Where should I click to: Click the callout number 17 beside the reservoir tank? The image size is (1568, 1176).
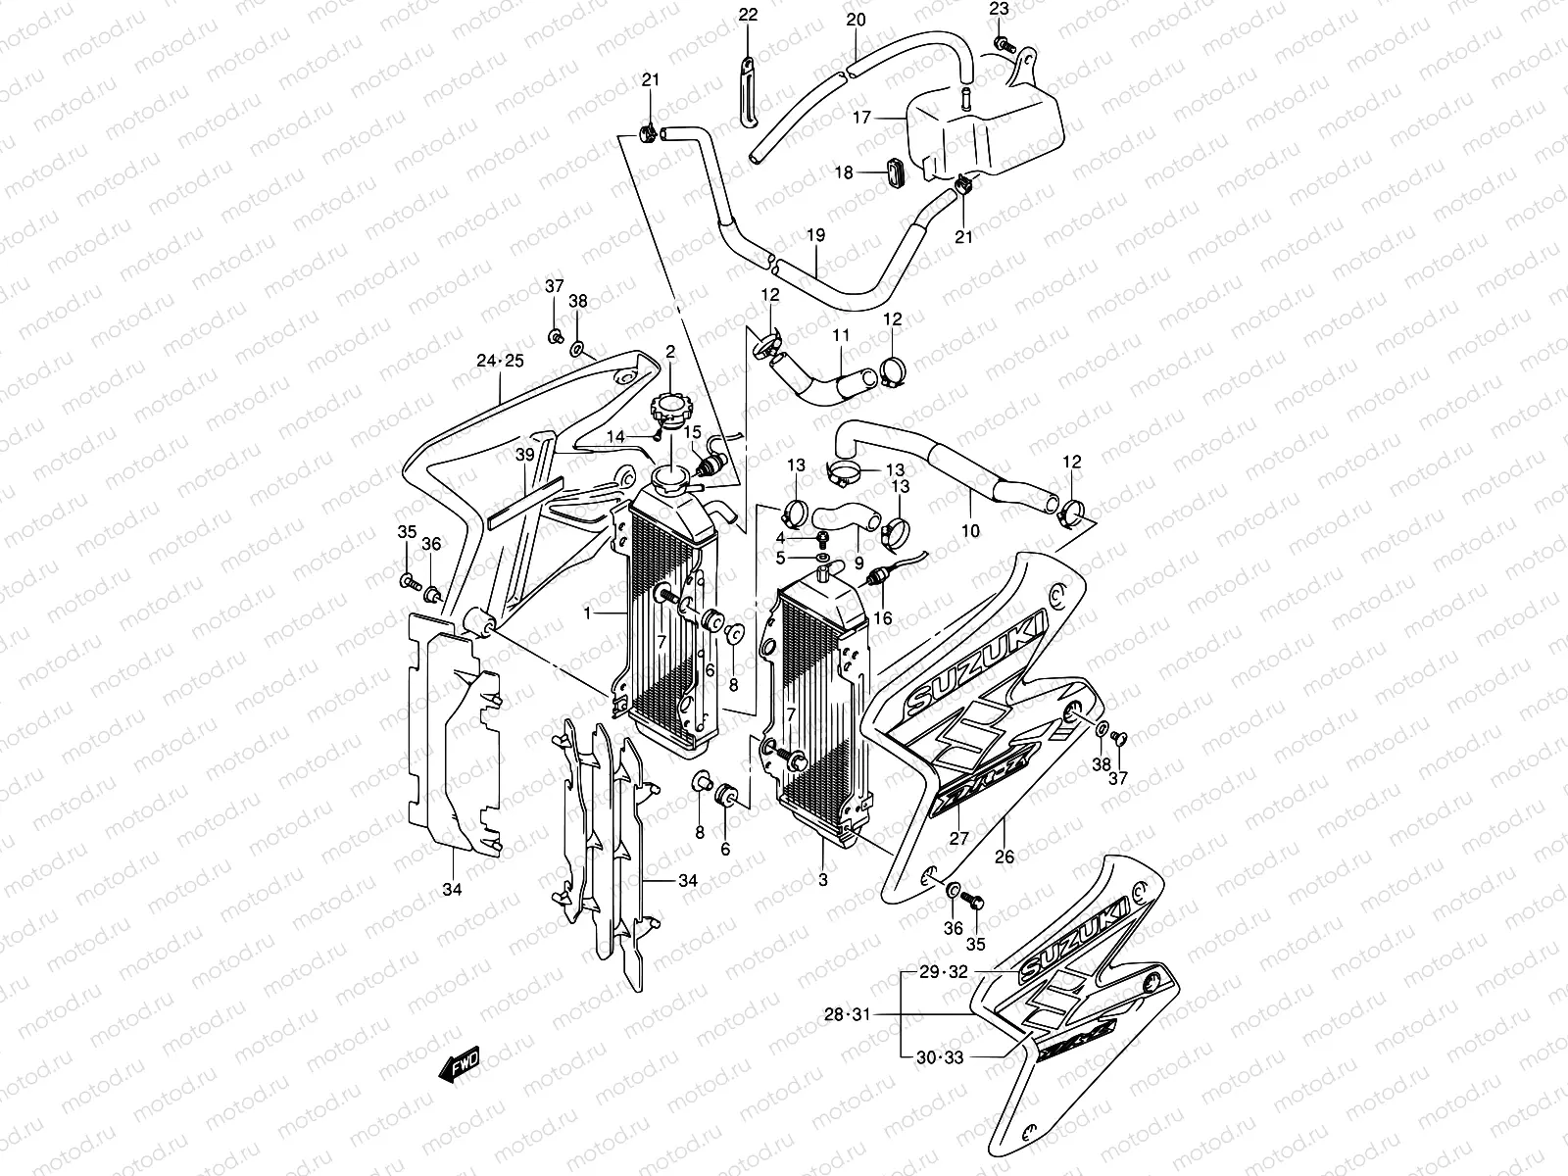pyautogui.click(x=861, y=118)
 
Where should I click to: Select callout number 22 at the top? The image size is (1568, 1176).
pyautogui.click(x=748, y=15)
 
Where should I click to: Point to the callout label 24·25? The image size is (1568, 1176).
pyautogui.click(x=500, y=361)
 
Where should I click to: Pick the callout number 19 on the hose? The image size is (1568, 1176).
pyautogui.click(x=815, y=235)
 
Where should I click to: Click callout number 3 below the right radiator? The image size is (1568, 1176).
pyautogui.click(x=822, y=880)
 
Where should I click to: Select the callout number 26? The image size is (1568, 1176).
pyautogui.click(x=1004, y=856)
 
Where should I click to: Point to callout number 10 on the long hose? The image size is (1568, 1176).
pyautogui.click(x=970, y=530)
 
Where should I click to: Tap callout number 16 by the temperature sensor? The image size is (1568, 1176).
pyautogui.click(x=883, y=617)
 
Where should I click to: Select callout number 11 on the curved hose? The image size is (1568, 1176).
pyautogui.click(x=841, y=335)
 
